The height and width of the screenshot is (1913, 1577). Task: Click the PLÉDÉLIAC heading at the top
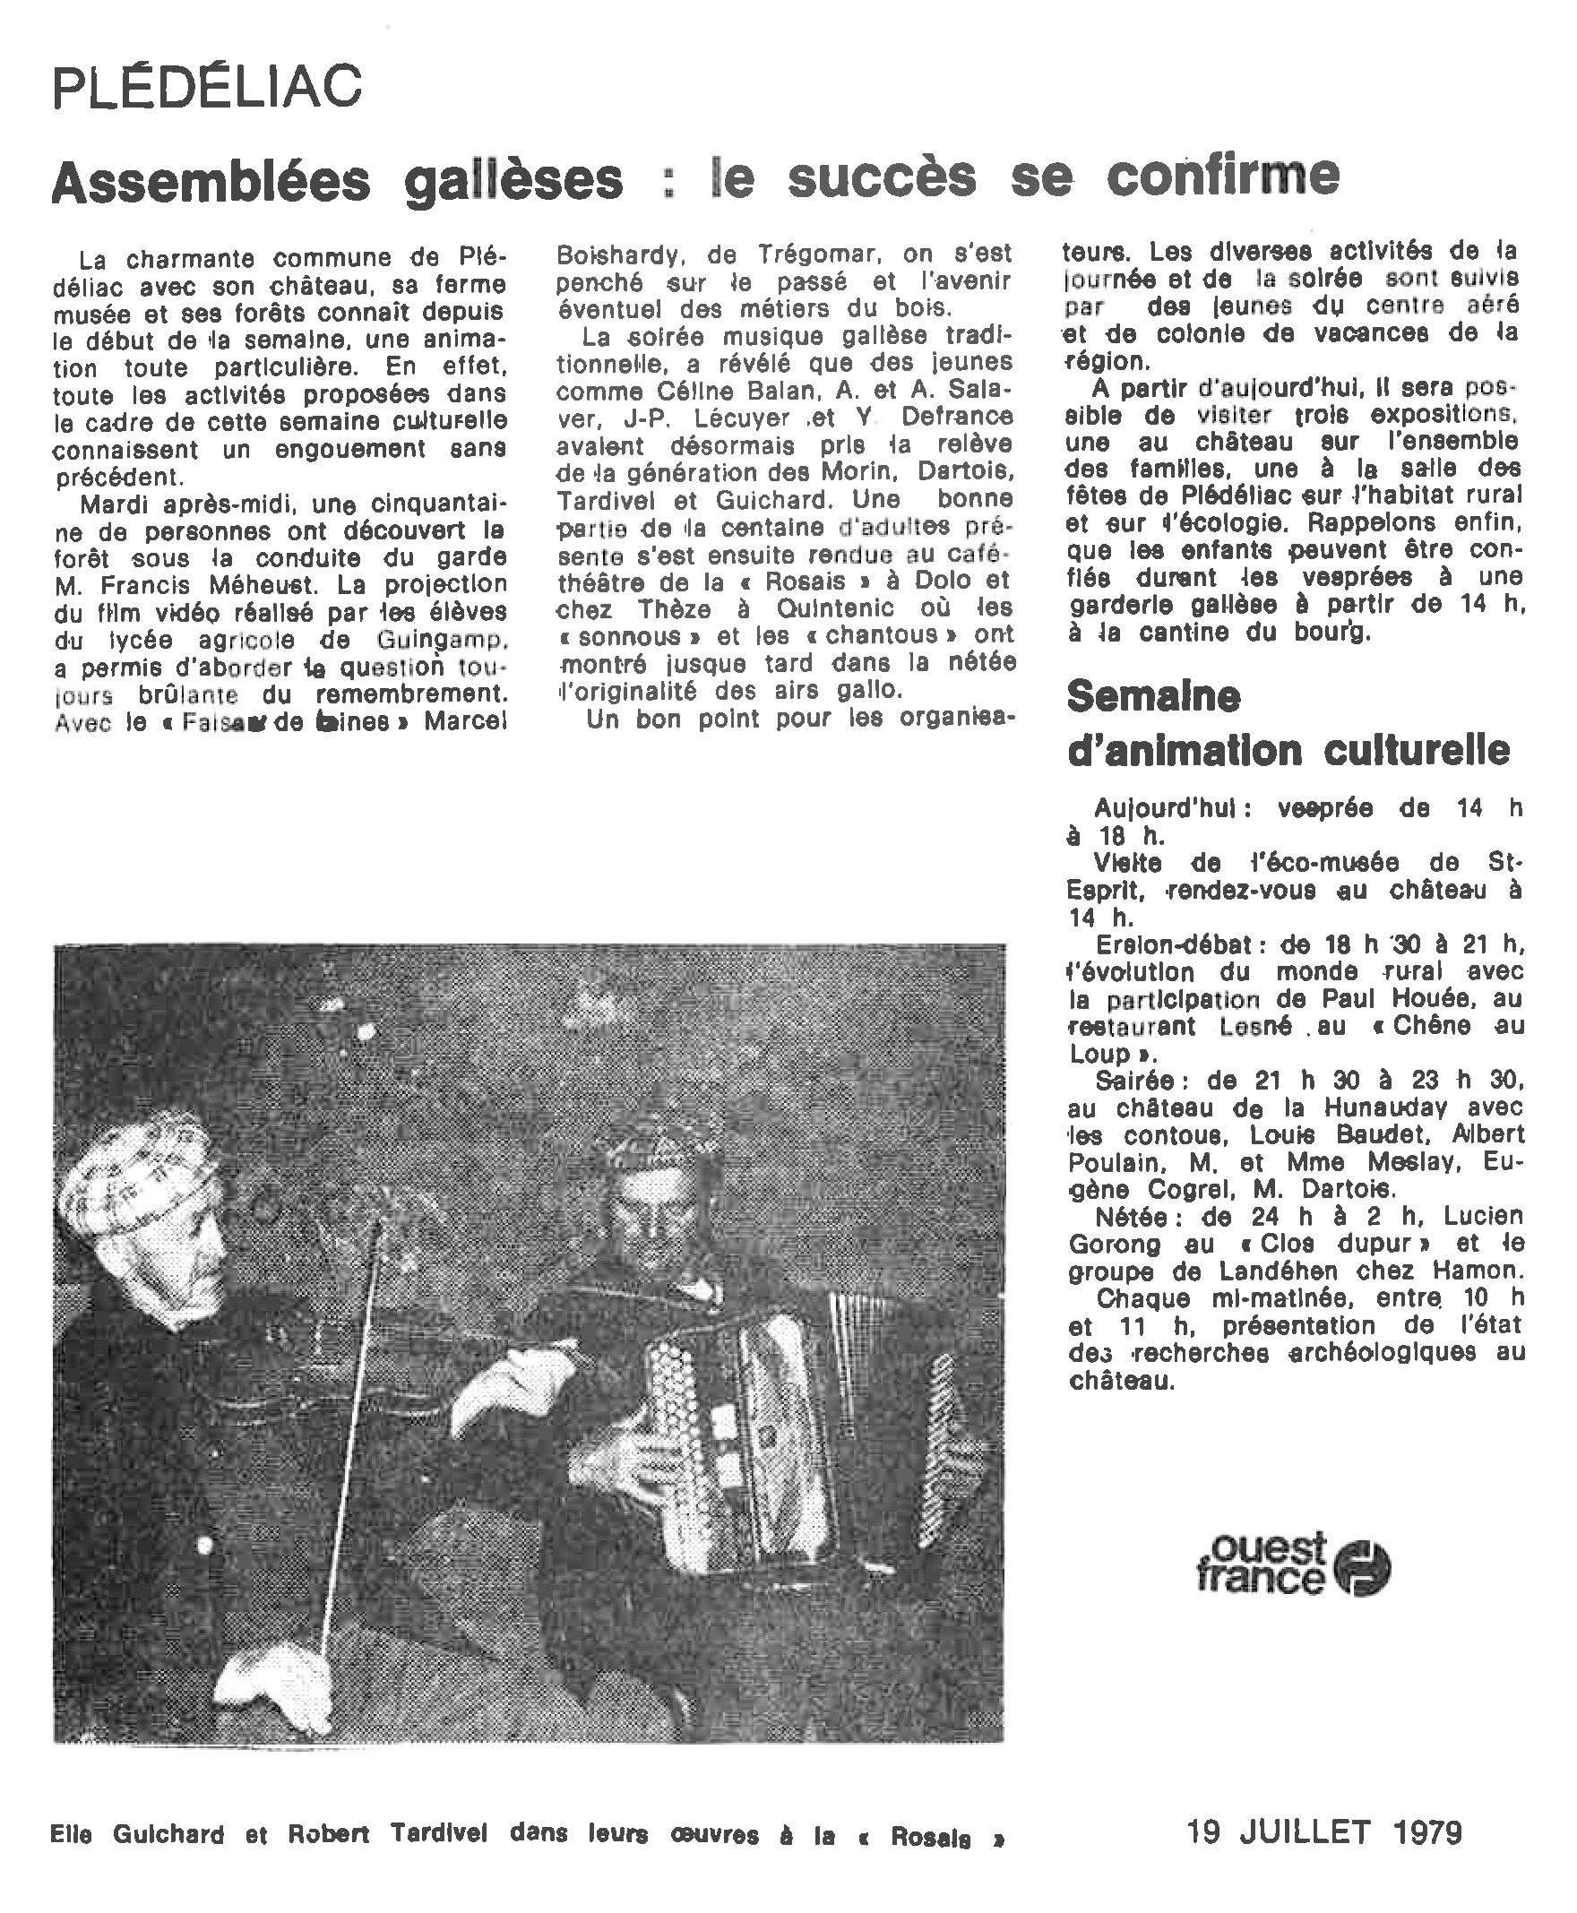pyautogui.click(x=207, y=88)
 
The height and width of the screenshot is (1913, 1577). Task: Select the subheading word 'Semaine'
pyautogui.click(x=1153, y=697)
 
